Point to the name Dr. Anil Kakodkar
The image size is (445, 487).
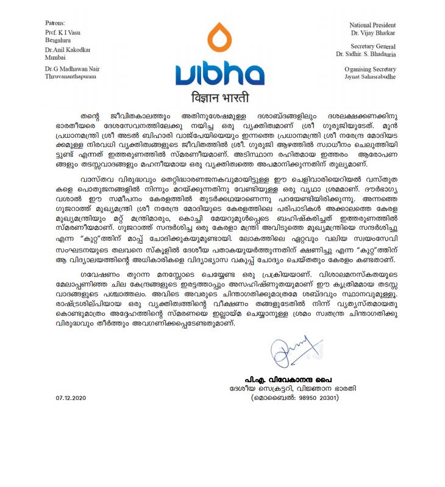click(x=68, y=51)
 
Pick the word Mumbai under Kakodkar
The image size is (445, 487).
click(x=57, y=58)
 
